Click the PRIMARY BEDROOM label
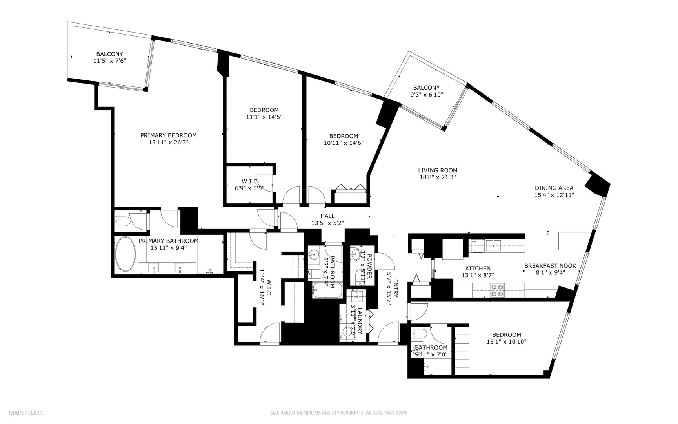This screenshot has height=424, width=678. pos(169,135)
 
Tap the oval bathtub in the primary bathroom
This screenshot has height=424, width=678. pos(125,254)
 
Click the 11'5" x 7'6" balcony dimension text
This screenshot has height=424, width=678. pos(109,61)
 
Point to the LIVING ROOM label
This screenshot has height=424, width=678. pos(438,170)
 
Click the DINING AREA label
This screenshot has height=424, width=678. pos(554,188)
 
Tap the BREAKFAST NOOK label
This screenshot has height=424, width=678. pos(550,266)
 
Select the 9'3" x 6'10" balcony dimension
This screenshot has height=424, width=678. pos(426,94)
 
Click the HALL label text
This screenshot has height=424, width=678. pos(327,216)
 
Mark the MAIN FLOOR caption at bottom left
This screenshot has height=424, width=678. pos(26,413)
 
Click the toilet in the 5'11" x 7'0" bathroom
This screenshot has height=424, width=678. pos(417,334)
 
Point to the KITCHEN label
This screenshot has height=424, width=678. pos(478,269)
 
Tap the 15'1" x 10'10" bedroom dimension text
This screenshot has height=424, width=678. pos(506,342)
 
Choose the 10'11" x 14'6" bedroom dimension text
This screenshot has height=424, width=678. pos(343,143)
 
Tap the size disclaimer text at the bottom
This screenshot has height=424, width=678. pos(338,413)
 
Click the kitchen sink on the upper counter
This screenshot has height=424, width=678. pos(493,246)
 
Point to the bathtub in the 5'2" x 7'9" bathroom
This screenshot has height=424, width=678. pos(327,291)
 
